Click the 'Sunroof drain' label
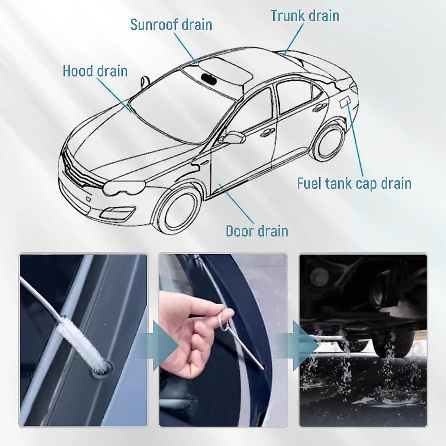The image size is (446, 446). tap(171, 25)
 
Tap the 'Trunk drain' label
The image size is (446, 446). tap(305, 16)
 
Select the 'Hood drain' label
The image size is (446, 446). tap(95, 71)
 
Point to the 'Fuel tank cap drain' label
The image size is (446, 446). tap(354, 183)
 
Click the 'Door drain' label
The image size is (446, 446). tap(257, 231)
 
